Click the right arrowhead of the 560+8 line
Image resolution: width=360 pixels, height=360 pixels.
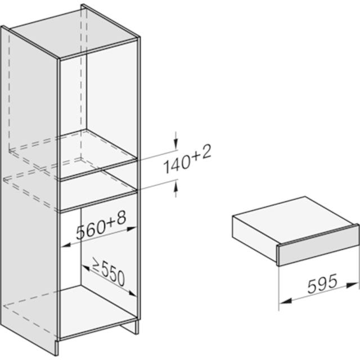[133, 228]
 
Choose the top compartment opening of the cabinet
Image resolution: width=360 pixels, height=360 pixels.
[98, 107]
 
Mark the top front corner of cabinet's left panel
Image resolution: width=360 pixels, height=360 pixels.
[58, 58]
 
